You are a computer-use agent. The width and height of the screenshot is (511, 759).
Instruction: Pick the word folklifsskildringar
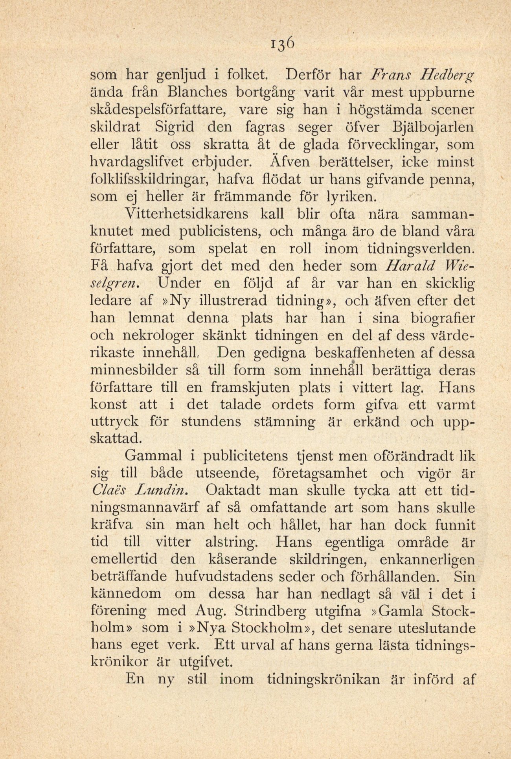coord(149,179)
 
